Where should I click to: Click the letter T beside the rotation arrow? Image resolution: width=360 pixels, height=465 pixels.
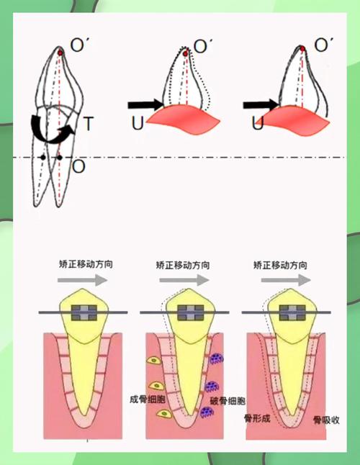click(89, 123)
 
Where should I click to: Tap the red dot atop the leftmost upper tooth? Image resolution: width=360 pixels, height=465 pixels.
click(60, 53)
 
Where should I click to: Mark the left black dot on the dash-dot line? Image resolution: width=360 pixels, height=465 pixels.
click(43, 158)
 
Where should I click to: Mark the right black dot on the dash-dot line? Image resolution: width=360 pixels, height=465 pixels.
click(60, 158)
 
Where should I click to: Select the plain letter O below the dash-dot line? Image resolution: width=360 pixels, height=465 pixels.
click(79, 167)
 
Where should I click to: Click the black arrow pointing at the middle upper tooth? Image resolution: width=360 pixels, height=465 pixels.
click(145, 104)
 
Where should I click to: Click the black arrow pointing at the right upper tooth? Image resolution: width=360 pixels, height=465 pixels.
click(261, 104)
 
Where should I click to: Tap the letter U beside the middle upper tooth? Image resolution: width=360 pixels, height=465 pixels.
click(138, 123)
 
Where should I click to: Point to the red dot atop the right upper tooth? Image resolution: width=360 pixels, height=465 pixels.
click(302, 49)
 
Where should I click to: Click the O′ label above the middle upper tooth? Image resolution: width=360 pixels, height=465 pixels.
click(203, 46)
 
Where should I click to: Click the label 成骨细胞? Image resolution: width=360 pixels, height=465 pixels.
click(148, 399)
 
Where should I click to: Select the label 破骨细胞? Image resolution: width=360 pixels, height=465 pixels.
click(228, 401)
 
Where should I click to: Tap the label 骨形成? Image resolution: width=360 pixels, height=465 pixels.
click(257, 419)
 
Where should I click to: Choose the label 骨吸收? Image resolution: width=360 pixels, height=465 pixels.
click(326, 420)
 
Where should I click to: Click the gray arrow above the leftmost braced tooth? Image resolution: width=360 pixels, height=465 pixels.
click(82, 280)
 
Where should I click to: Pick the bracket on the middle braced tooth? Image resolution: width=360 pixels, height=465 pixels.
click(191, 312)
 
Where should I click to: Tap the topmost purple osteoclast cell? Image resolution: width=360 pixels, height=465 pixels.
click(217, 358)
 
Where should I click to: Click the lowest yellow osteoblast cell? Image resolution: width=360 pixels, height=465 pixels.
click(164, 413)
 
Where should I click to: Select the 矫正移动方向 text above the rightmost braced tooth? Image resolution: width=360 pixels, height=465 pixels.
click(280, 265)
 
